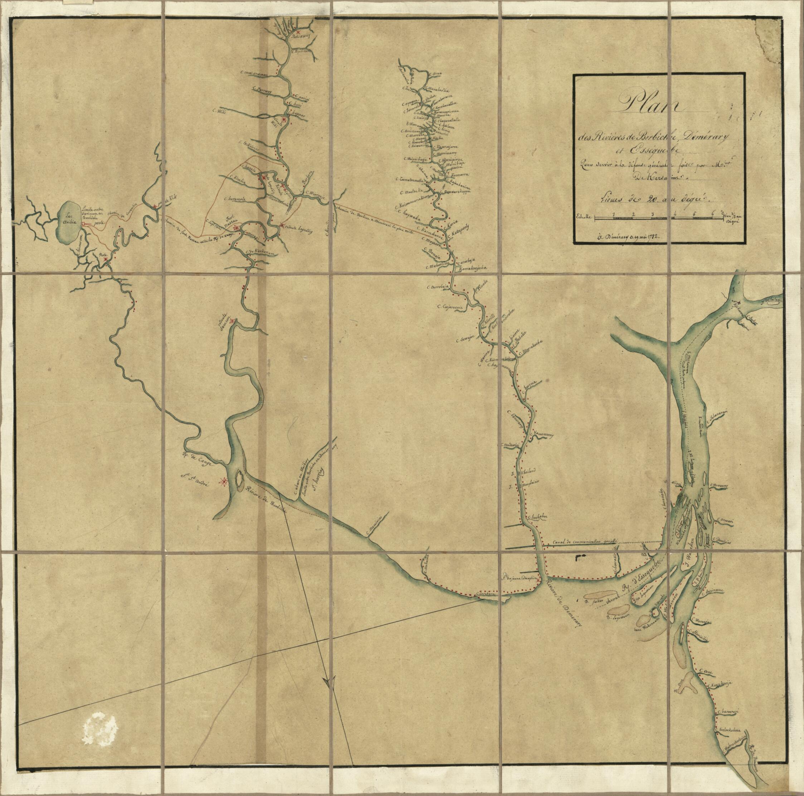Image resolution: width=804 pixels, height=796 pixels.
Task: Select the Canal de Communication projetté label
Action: point(586,543)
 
